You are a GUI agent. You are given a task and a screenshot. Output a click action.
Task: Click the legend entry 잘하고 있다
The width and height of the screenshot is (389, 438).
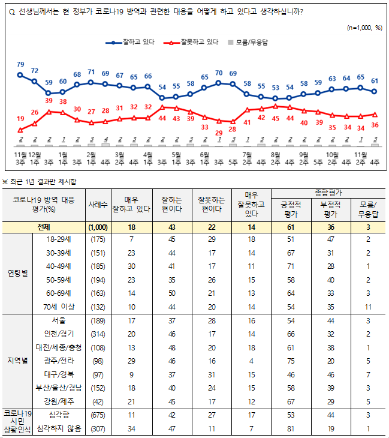tap(138, 43)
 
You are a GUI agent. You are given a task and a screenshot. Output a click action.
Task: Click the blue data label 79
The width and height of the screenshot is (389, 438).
tap(20, 64)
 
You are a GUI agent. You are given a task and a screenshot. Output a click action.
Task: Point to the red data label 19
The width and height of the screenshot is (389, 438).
tap(20, 120)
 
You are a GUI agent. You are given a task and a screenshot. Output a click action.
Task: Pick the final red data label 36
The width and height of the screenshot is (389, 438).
tap(375, 124)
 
